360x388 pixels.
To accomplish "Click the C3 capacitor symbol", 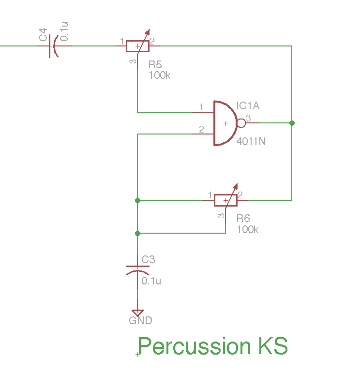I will pyautogui.click(x=137, y=269).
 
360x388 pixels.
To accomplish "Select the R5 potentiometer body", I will pyautogui.click(x=137, y=46).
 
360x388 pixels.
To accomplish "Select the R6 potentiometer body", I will pyautogui.click(x=225, y=200).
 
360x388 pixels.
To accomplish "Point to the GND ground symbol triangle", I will pyautogui.click(x=137, y=313).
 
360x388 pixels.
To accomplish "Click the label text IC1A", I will pyautogui.click(x=248, y=106).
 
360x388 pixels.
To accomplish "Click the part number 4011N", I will pyautogui.click(x=251, y=142).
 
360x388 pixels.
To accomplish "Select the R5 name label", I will pyautogui.click(x=155, y=65).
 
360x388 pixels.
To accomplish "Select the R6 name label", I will pyautogui.click(x=243, y=218).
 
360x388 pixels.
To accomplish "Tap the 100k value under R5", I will pyautogui.click(x=159, y=75).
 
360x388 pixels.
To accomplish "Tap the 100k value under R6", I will pyautogui.click(x=247, y=229).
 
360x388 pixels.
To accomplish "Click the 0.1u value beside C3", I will pyautogui.click(x=151, y=281).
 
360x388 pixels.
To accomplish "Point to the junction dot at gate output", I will pyautogui.click(x=292, y=123).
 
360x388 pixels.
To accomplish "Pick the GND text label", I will pyautogui.click(x=140, y=321).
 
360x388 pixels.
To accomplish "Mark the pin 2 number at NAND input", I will pyautogui.click(x=201, y=129).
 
